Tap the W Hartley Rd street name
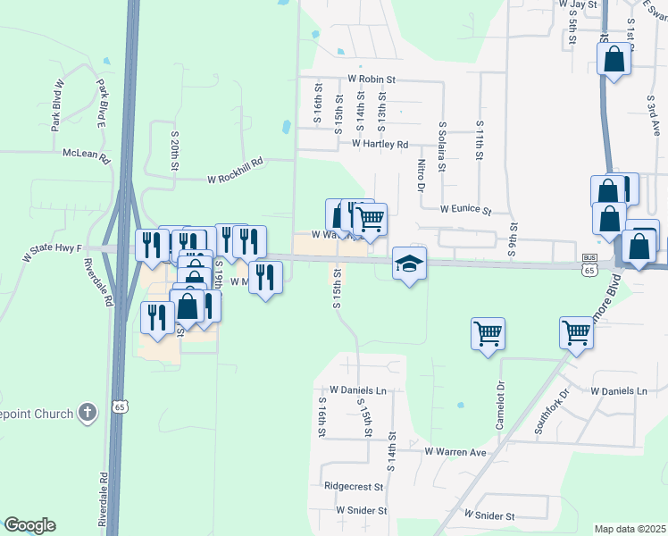tap(380, 144)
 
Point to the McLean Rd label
tap(85, 155)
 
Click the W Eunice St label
tap(465, 211)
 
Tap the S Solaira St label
tap(442, 142)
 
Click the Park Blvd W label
tap(58, 105)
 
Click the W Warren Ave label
tap(455, 453)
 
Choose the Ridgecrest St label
tap(354, 488)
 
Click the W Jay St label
tap(577, 4)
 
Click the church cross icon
tap(87, 412)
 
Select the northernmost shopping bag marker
tap(614, 60)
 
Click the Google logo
tap(29, 525)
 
